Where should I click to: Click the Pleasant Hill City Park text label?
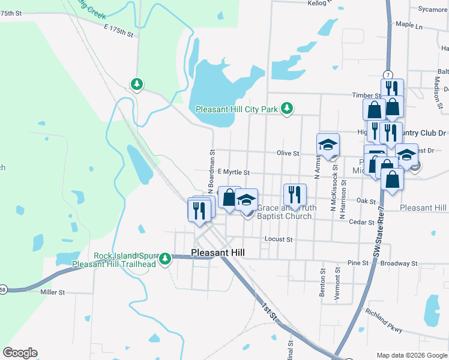pos(237,109)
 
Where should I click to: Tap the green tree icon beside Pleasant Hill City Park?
pos(288,108)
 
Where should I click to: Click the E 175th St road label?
pos(118,31)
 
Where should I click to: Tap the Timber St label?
pos(367,95)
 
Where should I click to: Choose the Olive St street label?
pos(288,154)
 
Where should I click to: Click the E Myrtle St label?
pos(233,172)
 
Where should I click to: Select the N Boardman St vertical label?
pos(212,171)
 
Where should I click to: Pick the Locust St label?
pos(279,239)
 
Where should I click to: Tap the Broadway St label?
pos(399,263)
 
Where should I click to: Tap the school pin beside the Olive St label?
pos(328,145)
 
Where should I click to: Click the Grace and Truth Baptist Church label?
pos(285,212)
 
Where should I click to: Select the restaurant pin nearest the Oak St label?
pos(295,194)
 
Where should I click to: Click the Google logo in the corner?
pos(20,353)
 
